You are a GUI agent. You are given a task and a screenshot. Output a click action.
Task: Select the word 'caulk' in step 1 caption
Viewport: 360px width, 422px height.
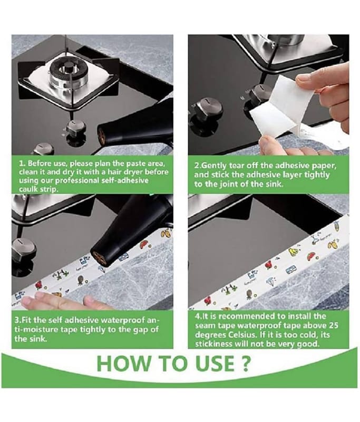(28, 189)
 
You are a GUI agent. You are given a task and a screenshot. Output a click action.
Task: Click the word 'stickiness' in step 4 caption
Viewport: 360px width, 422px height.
(213, 344)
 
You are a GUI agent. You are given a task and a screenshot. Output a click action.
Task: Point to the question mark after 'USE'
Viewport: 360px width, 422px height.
(245, 363)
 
